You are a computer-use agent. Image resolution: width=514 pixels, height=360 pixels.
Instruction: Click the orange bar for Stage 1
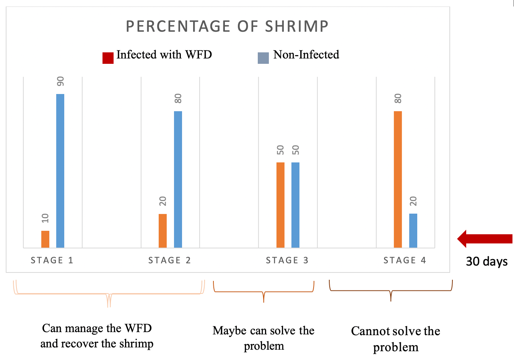point(45,239)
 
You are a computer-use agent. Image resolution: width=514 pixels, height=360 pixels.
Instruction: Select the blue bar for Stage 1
point(60,171)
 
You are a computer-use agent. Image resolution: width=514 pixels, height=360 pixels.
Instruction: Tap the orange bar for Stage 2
point(163,231)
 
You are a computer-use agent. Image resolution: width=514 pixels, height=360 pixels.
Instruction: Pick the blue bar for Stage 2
point(178,179)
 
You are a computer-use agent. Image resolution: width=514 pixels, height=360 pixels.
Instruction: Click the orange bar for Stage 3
point(280,205)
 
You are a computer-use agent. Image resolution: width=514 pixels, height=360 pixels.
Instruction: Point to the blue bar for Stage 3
point(295,205)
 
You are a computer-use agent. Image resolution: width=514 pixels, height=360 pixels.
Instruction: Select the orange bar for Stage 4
point(398,179)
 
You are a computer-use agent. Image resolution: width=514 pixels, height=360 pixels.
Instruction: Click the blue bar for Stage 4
point(413,230)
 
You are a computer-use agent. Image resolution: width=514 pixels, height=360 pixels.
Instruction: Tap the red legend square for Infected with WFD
point(108,58)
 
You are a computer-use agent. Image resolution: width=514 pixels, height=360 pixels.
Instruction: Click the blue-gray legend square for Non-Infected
point(263,58)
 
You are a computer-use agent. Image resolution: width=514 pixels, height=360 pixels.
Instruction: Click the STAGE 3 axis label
point(287,261)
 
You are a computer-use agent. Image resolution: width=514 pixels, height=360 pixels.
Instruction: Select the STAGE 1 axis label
point(52,261)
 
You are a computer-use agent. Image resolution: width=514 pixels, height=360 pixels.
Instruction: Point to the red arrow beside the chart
point(485,239)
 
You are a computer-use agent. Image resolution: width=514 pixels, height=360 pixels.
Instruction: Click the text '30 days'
point(486,261)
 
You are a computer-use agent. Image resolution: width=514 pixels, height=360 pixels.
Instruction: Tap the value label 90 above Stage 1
point(60,81)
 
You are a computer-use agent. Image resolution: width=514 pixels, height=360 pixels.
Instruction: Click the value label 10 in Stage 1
point(45,218)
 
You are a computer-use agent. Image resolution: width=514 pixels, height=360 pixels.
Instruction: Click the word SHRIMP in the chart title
point(297,26)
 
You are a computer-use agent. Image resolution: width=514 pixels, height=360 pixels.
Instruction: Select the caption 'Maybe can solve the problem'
point(264,338)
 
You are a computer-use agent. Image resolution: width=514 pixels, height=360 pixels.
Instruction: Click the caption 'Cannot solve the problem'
point(395,339)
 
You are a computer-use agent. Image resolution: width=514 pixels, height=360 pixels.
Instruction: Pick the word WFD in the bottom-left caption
point(138,328)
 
